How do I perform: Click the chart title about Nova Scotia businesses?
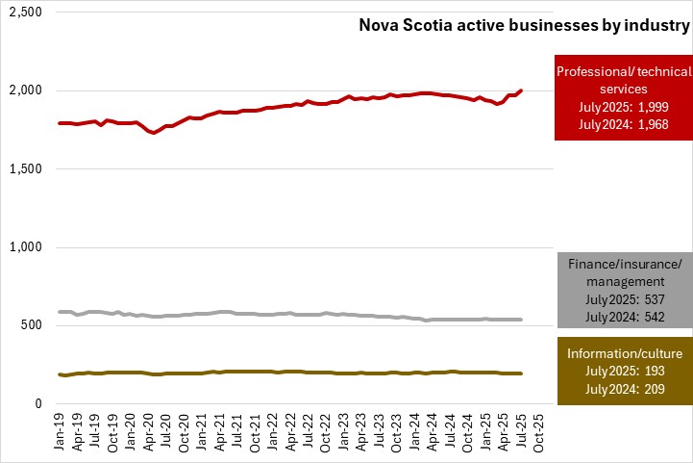point(524,27)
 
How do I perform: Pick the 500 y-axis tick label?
point(33,325)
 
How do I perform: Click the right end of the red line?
point(521,90)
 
